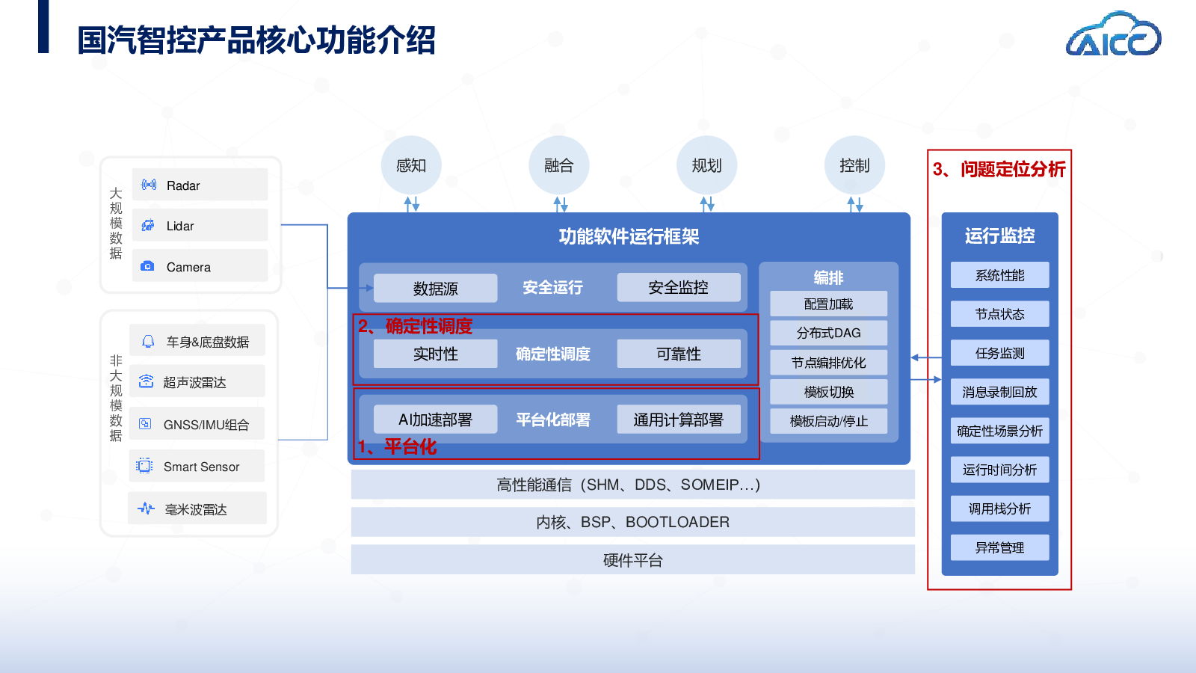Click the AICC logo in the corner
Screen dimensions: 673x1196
click(x=1113, y=35)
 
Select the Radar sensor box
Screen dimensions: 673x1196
click(x=200, y=185)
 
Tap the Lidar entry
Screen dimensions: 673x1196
click(x=200, y=225)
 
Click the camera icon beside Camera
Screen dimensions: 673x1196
click(x=147, y=266)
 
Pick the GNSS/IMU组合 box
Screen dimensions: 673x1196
click(x=197, y=424)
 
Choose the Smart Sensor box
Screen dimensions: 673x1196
click(x=197, y=466)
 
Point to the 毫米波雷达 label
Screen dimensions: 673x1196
click(x=196, y=509)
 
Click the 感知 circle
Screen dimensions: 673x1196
click(x=410, y=165)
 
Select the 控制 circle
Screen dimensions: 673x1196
click(x=854, y=165)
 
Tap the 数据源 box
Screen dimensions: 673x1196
click(x=435, y=288)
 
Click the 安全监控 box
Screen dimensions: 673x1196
click(x=678, y=287)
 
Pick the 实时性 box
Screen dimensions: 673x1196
click(x=435, y=354)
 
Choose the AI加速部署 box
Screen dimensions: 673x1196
click(x=435, y=420)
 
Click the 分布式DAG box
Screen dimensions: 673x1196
click(x=828, y=333)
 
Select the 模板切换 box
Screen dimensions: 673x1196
click(x=828, y=392)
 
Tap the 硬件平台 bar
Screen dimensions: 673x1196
click(x=632, y=560)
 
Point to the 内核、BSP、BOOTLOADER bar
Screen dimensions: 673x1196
click(x=632, y=522)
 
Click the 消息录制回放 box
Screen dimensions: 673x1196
click(x=999, y=392)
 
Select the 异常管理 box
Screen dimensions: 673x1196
click(x=999, y=547)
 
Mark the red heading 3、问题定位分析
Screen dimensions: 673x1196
click(x=999, y=169)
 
